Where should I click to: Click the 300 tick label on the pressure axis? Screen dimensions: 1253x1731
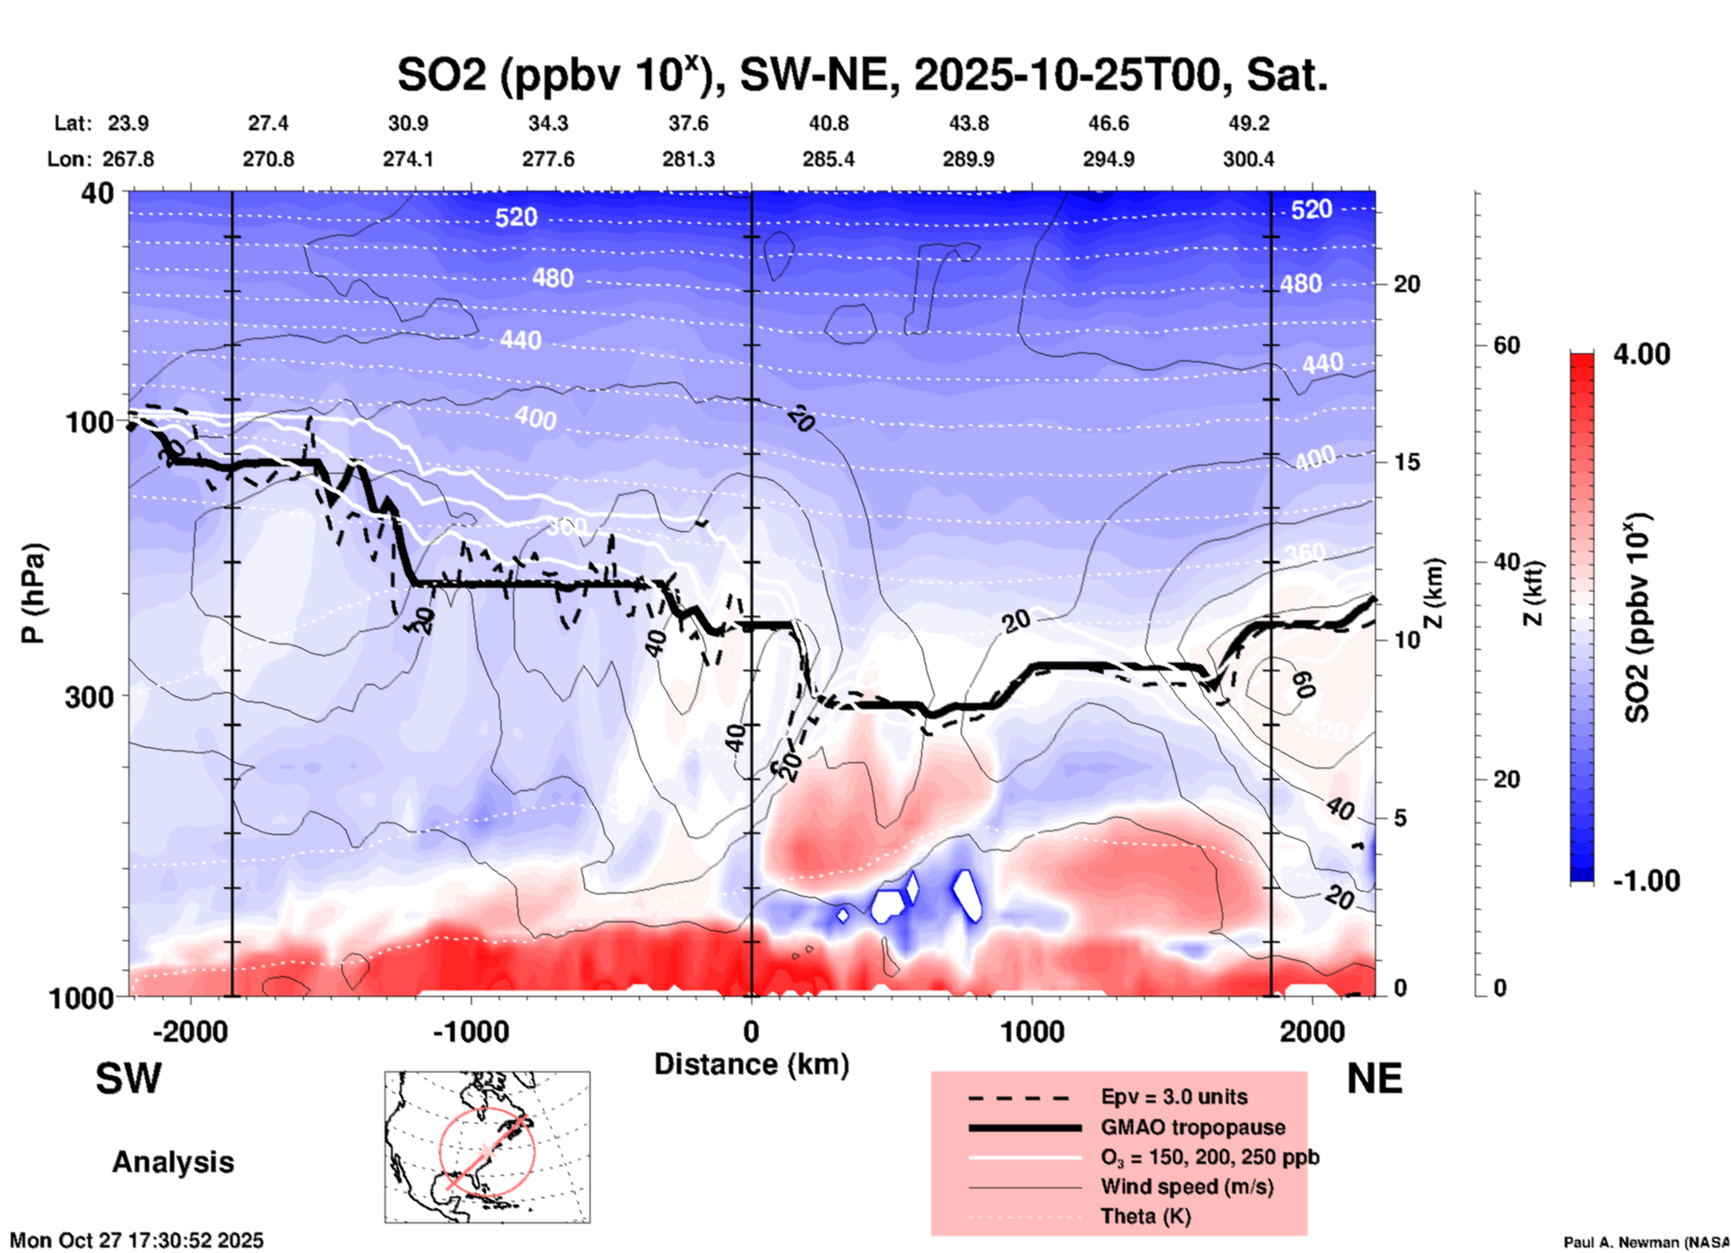89,697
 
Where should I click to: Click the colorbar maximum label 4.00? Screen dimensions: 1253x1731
1641,354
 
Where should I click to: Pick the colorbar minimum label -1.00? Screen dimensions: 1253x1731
1646,880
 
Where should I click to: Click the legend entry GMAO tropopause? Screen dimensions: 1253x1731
1193,1127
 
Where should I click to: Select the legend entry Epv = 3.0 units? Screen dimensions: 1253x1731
1174,1097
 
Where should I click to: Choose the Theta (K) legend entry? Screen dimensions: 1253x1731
1145,1216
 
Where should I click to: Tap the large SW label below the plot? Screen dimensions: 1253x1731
129,1079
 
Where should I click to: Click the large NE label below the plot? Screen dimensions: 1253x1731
1374,1079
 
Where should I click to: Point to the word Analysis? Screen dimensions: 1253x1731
173,1162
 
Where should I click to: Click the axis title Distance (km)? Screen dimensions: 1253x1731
751,1064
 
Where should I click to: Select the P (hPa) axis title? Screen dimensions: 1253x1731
33,593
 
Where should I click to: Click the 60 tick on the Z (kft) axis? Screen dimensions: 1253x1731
1506,345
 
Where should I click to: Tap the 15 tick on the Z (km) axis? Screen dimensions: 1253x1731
1407,462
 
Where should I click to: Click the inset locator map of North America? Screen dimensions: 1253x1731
487,1146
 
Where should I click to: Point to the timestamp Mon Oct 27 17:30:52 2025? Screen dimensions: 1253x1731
137,1240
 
